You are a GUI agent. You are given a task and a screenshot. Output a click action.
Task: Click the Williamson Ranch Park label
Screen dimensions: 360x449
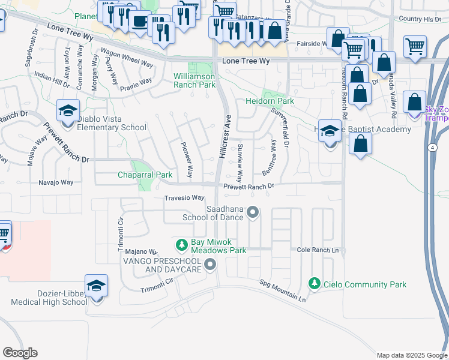tap(194, 81)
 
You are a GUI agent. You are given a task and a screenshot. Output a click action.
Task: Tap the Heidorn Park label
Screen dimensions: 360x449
tap(270, 101)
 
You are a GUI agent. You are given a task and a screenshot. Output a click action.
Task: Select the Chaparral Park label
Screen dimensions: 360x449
tap(145, 175)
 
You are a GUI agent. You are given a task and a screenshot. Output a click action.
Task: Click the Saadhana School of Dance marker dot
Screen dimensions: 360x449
tap(253, 211)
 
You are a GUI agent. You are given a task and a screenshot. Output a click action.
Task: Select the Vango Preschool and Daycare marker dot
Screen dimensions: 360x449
tap(209, 264)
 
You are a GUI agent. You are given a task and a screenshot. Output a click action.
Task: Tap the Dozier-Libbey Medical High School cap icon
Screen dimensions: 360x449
tap(95, 286)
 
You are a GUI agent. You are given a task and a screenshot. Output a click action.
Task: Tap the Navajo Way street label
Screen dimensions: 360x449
tap(56, 182)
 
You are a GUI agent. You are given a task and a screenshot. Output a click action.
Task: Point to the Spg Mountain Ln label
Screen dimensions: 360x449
tap(283, 290)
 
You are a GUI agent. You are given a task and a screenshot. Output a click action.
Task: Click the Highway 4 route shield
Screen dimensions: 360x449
tap(432, 147)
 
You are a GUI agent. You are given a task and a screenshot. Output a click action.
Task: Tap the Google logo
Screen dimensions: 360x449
tap(20, 353)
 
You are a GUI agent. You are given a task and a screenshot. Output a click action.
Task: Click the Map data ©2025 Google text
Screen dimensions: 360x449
tap(411, 355)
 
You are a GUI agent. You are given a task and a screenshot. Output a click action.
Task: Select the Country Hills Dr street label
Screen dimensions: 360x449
tap(419, 19)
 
